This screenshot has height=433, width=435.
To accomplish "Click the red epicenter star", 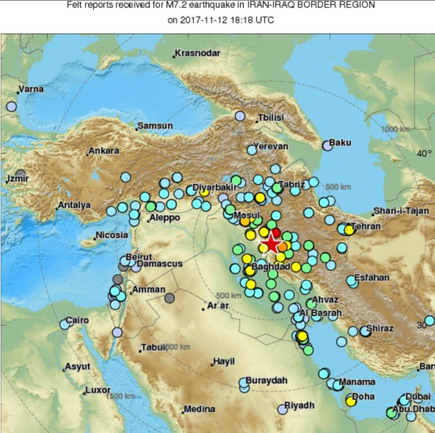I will tap(272, 244).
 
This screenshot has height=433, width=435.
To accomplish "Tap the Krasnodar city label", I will tap(197, 53).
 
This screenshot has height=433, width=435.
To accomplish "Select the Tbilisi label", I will tap(271, 118).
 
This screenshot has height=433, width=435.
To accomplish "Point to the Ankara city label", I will tap(104, 151).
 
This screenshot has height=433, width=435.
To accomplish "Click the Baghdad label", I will tap(271, 266).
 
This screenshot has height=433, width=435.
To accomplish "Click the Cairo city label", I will tap(77, 320).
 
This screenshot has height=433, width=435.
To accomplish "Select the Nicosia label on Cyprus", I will tap(112, 235).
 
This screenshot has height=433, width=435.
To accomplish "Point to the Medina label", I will tap(199, 409).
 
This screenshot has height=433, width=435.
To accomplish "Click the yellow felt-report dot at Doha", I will tap(351, 401).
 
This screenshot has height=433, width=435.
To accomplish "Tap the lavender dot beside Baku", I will tap(327, 146).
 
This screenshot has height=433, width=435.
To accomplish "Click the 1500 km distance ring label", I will tap(122, 396).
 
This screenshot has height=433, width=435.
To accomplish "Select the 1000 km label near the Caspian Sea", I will tap(395, 129).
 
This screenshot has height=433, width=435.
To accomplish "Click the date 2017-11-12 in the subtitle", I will tap(206, 20).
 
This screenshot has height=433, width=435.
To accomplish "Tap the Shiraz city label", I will tap(379, 328).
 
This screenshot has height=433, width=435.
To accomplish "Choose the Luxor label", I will tap(97, 390).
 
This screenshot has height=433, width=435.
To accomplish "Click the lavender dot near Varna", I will tap(11, 106).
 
